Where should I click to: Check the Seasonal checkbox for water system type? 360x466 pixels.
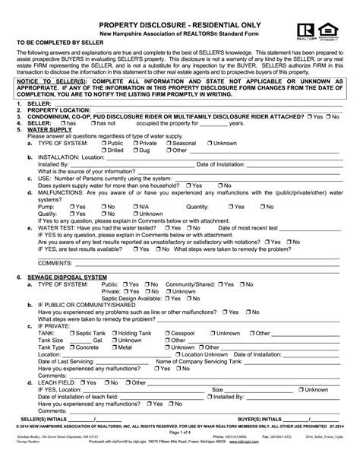point(168,143)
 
